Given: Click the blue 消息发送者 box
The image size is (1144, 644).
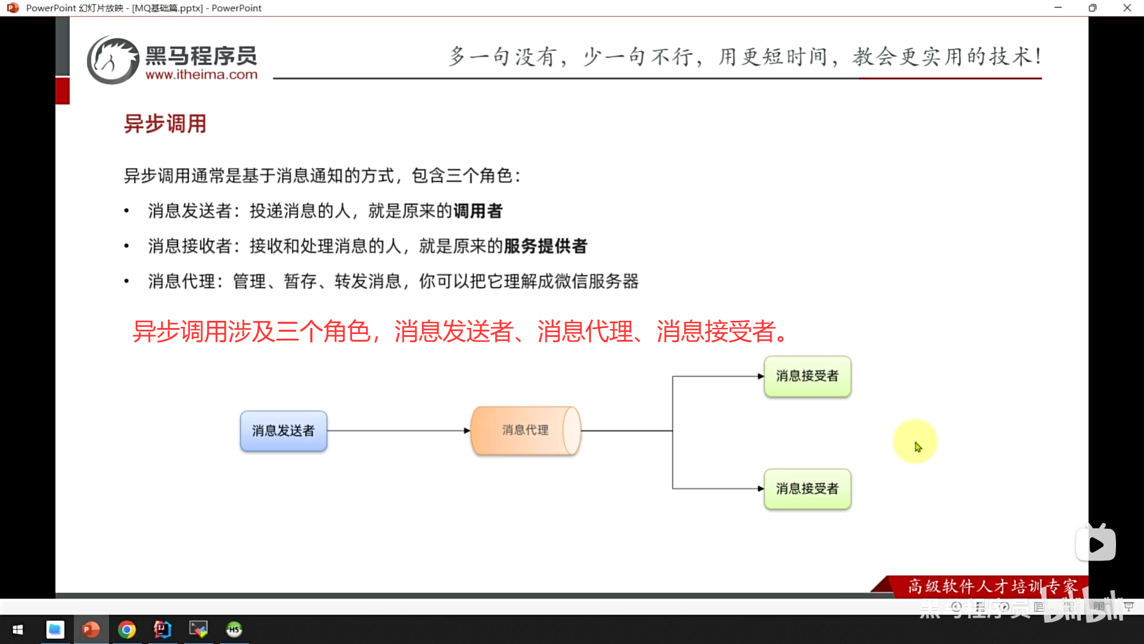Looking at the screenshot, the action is [284, 431].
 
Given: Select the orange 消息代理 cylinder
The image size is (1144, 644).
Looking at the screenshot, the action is [525, 431].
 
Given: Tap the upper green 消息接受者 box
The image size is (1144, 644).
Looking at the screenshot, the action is [807, 376].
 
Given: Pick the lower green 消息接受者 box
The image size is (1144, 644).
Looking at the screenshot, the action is [807, 489].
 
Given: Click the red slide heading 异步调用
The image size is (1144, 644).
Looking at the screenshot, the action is [165, 124].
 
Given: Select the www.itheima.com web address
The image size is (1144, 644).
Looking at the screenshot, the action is [201, 75].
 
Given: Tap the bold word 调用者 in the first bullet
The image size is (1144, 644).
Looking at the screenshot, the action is [478, 211].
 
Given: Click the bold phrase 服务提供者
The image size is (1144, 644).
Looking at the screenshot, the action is [546, 246].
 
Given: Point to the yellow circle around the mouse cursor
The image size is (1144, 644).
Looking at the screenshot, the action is [915, 441].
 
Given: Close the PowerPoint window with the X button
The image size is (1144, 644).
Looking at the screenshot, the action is [1127, 8].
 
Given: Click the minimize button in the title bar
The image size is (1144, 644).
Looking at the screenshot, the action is [1058, 8].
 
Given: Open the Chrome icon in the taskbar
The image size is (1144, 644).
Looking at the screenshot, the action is [127, 630].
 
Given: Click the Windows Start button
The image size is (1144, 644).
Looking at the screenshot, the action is [18, 630].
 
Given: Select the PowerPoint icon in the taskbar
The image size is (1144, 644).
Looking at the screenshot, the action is [91, 630].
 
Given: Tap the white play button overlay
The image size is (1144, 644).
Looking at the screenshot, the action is [1096, 544].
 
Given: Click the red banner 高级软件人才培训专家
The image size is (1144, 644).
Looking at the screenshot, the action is [992, 586].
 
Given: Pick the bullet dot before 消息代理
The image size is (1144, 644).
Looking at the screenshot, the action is [126, 281].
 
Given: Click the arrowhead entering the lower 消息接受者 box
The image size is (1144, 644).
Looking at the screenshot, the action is [760, 489].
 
